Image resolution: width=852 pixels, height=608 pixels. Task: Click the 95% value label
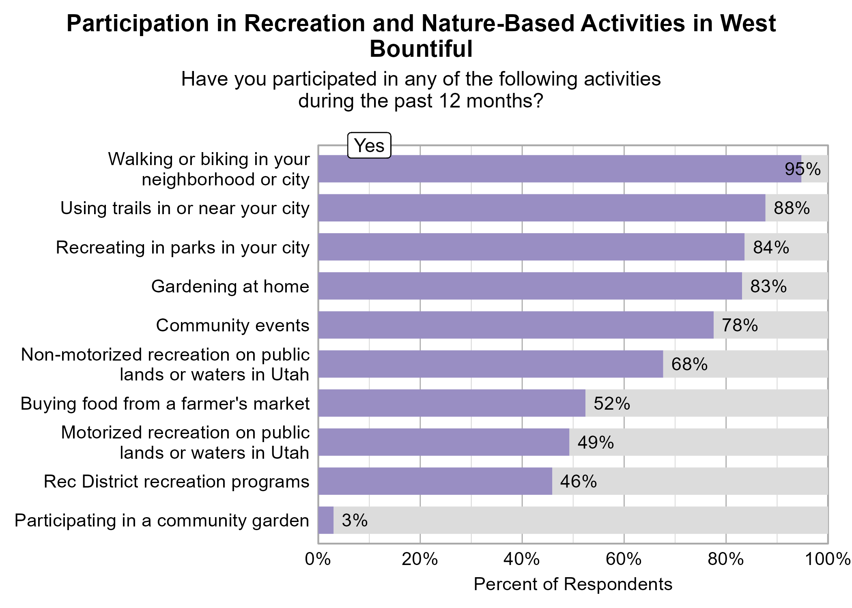click(x=802, y=169)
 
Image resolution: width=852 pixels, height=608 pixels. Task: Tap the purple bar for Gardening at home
click(x=530, y=286)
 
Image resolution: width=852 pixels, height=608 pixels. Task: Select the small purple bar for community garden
click(x=326, y=520)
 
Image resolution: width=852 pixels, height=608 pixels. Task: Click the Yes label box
click(x=369, y=145)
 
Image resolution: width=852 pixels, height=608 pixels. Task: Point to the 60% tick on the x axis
click(x=624, y=559)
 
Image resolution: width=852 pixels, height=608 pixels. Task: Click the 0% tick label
click(x=318, y=559)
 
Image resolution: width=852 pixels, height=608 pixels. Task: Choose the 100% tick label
click(x=828, y=559)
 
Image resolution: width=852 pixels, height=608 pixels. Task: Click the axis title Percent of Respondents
click(x=573, y=584)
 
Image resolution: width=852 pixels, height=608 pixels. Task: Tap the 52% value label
click(x=612, y=404)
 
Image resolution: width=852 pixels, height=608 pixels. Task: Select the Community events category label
click(x=232, y=325)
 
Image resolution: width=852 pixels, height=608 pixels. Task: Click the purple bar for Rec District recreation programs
click(x=435, y=481)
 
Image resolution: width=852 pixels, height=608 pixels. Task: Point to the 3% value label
click(x=355, y=520)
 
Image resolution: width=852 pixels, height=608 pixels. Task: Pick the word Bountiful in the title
click(x=421, y=49)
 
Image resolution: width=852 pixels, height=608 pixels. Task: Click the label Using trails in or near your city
click(x=185, y=208)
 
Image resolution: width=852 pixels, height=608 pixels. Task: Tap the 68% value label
click(x=689, y=364)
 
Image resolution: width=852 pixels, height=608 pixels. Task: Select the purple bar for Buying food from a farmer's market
click(x=452, y=403)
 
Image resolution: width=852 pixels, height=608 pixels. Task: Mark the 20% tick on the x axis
click(x=420, y=559)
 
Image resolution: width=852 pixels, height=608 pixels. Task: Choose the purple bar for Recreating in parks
click(x=531, y=247)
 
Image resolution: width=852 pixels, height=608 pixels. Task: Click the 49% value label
click(x=595, y=443)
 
